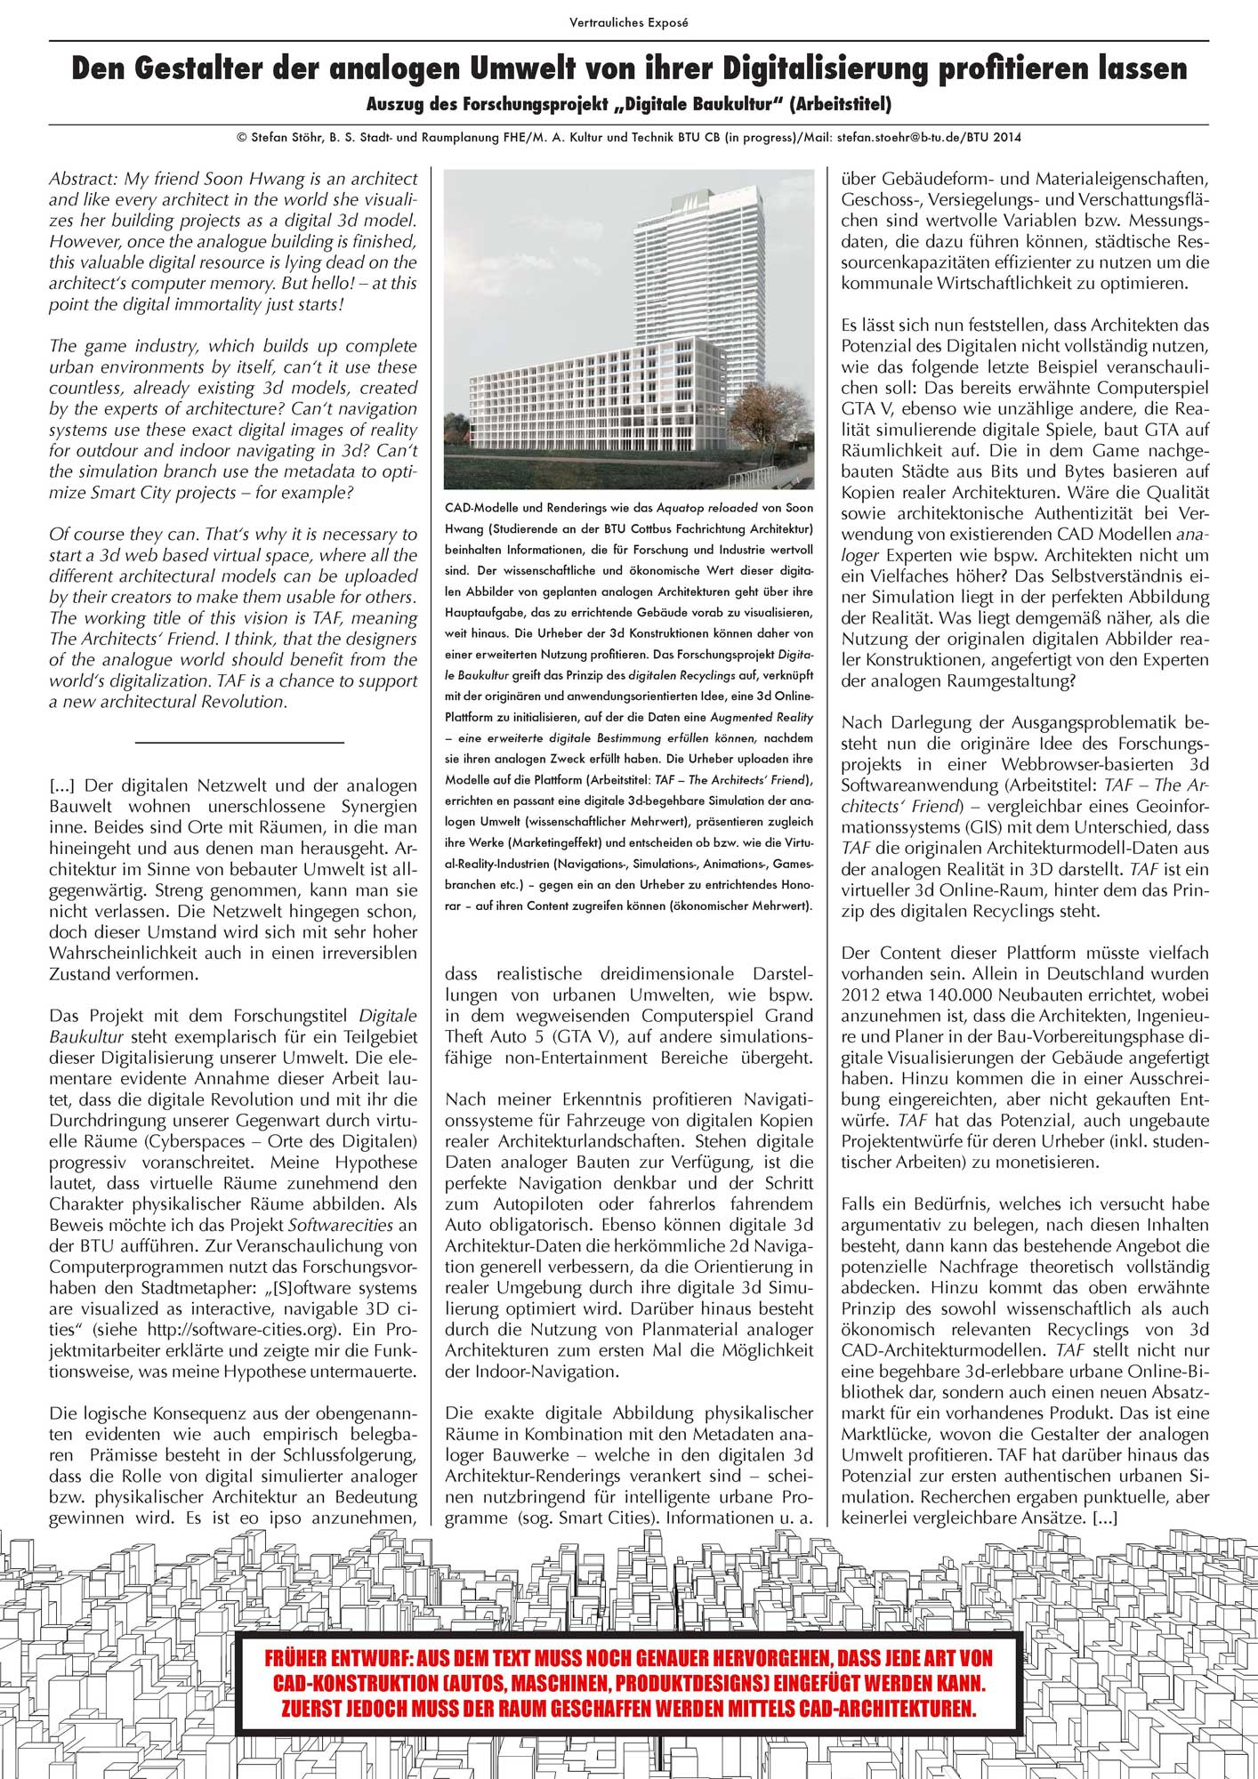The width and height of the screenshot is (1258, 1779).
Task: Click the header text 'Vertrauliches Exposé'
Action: pos(628,23)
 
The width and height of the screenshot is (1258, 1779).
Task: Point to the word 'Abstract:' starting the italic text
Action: pos(84,179)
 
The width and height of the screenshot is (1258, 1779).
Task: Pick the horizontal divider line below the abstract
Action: pos(239,742)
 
